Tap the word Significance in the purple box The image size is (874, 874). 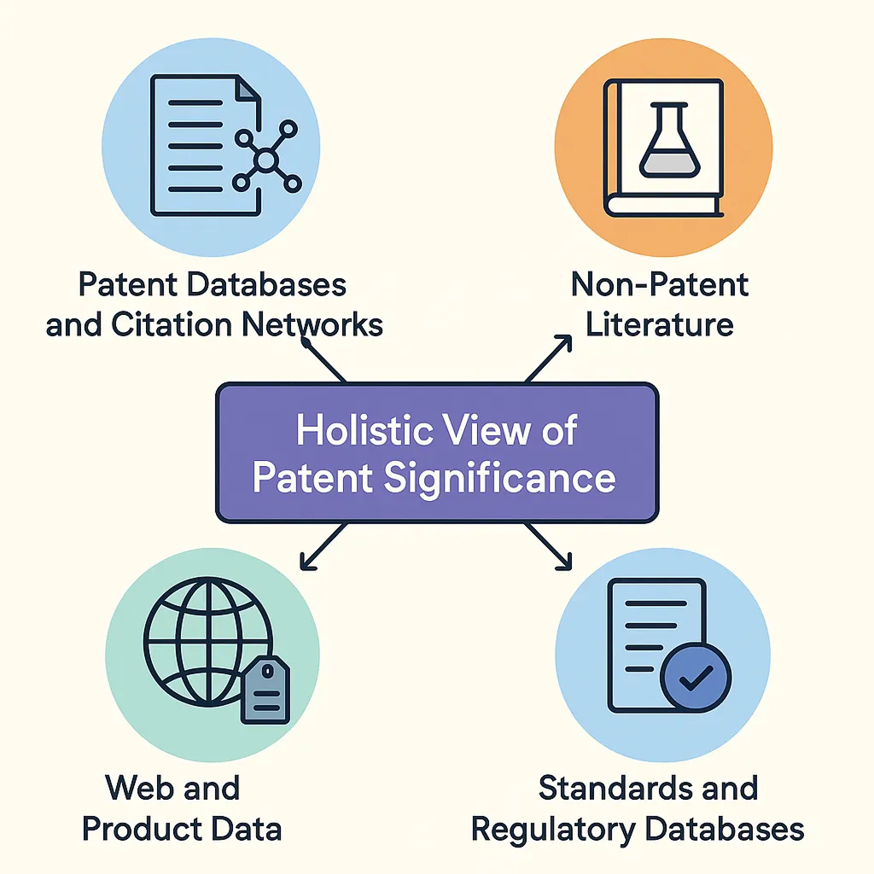coord(498,478)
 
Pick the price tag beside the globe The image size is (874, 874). coord(265,690)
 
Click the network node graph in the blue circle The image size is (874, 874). coord(265,158)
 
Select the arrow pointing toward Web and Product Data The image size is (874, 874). coord(324,547)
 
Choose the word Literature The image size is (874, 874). coord(660,325)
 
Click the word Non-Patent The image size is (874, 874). coord(660,283)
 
